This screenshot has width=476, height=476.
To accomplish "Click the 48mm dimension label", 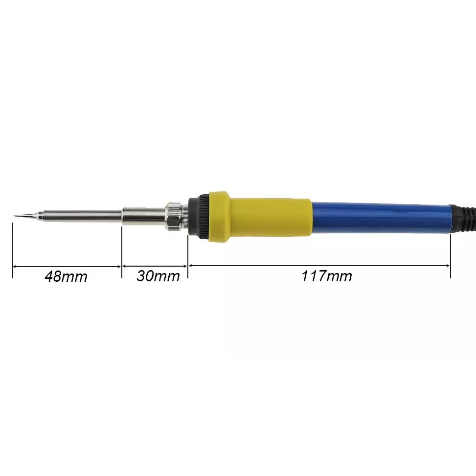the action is point(66,276).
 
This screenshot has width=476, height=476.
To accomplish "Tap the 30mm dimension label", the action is point(158,276).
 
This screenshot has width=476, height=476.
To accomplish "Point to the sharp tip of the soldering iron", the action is point(14,216).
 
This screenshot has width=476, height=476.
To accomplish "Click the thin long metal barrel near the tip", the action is point(82,216).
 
